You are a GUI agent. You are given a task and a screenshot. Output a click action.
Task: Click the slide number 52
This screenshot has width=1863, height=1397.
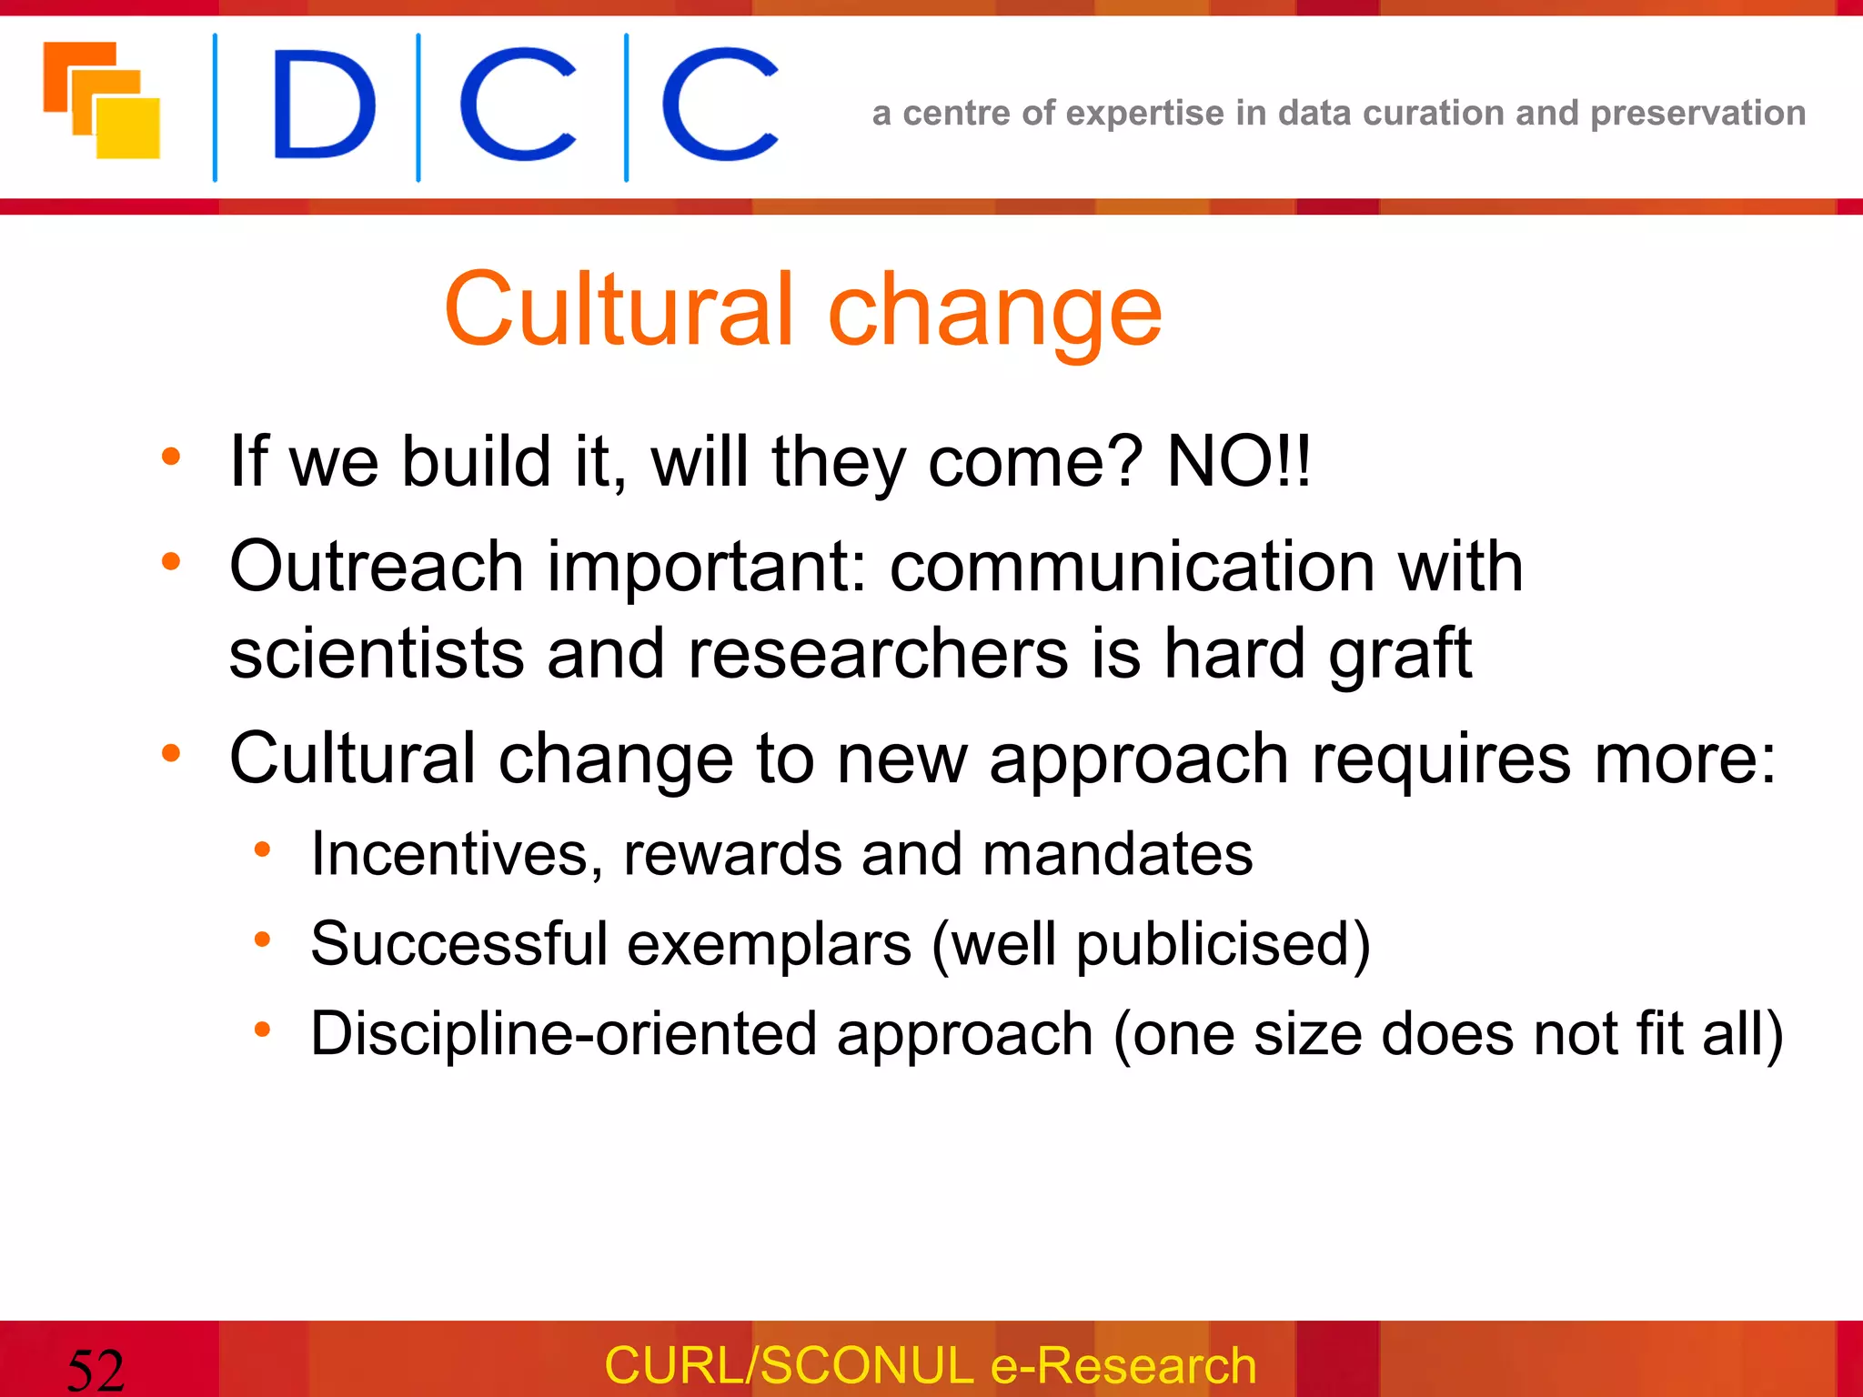coord(96,1370)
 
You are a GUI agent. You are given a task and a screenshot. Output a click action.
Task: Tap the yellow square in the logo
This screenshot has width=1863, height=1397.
coord(129,129)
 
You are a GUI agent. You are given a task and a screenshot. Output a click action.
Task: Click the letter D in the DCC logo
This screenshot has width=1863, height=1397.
coord(323,106)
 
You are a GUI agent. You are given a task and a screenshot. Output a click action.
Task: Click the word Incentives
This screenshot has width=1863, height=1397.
coord(456,855)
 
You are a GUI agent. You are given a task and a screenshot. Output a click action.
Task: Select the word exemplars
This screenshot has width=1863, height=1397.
coord(770,945)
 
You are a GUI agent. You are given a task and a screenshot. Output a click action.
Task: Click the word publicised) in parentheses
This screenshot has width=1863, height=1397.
coord(1223,945)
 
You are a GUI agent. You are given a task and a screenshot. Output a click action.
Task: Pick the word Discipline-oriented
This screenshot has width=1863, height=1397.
coord(564,1035)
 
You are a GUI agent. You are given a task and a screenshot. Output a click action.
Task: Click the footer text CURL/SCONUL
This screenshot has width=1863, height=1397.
coord(789,1366)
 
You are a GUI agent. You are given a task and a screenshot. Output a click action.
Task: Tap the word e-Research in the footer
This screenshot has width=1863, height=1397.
coord(1123,1366)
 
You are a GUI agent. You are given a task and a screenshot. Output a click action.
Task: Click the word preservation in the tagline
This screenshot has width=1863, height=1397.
coord(1697,114)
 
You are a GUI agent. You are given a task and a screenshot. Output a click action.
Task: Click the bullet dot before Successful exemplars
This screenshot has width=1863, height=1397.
coord(262,939)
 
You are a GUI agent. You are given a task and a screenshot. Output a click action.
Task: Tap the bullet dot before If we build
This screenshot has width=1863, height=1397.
coord(171,457)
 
